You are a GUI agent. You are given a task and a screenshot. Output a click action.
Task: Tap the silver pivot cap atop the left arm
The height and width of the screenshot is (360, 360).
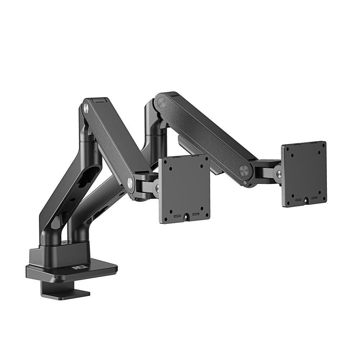tap(86, 107)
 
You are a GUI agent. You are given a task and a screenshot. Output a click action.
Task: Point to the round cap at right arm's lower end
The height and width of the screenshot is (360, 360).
tap(244, 171)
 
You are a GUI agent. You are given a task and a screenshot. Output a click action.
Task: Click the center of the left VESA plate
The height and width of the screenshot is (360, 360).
tap(184, 189)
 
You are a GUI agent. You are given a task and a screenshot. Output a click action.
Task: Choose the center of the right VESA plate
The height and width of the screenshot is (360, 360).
tap(304, 174)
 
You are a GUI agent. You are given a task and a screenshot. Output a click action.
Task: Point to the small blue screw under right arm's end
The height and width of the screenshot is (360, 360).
tap(245, 183)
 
